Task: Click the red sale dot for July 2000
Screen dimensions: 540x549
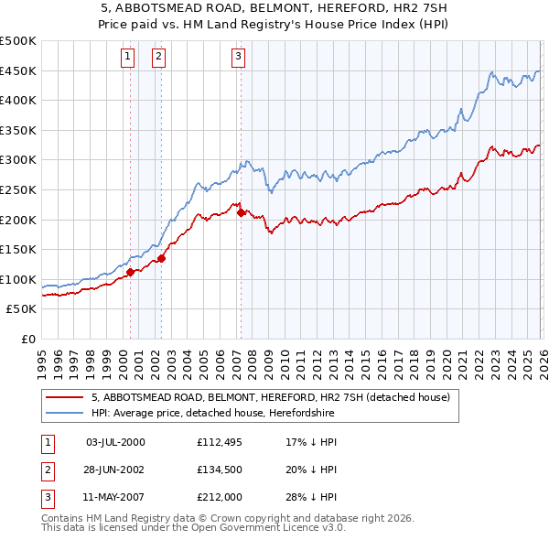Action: click(x=130, y=272)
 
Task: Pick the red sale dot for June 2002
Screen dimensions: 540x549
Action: click(x=162, y=258)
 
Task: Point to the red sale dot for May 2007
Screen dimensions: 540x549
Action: click(x=241, y=212)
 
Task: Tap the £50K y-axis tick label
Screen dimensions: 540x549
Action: click(x=22, y=308)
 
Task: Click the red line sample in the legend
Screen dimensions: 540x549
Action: click(x=64, y=398)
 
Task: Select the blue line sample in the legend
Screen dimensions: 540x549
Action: click(x=64, y=413)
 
